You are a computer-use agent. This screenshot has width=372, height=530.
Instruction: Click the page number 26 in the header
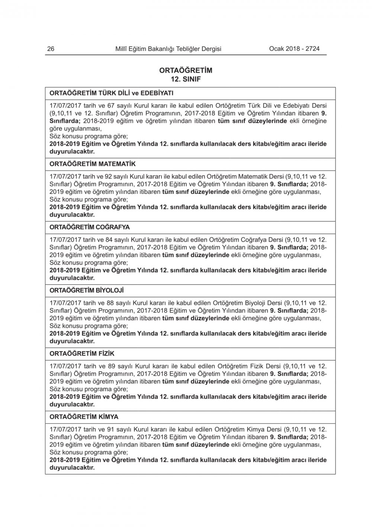click(x=51, y=49)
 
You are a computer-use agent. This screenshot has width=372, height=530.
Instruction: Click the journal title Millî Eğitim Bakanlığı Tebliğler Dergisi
click(x=168, y=49)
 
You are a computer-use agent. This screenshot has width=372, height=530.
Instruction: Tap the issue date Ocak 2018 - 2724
click(x=294, y=49)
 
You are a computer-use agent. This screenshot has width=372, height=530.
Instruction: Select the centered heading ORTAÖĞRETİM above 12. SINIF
click(x=186, y=70)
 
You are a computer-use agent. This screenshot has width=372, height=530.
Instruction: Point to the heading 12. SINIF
click(x=186, y=79)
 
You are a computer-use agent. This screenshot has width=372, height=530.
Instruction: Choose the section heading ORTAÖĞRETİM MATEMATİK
click(x=93, y=164)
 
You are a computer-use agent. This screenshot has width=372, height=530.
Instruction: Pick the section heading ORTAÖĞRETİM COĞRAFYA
click(x=90, y=227)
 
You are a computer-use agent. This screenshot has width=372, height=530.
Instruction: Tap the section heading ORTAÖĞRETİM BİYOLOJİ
click(x=86, y=290)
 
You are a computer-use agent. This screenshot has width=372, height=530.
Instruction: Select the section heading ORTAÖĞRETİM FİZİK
click(x=82, y=353)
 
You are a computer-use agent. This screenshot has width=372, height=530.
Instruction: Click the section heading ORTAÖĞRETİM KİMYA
click(x=84, y=416)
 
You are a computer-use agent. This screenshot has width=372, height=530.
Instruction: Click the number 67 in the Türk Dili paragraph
click(x=111, y=106)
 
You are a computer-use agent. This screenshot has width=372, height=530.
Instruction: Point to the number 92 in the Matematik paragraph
click(x=110, y=176)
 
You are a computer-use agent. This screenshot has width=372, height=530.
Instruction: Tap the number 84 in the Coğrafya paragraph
click(x=110, y=240)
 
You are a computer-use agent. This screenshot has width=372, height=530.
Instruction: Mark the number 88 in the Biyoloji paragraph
click(x=111, y=303)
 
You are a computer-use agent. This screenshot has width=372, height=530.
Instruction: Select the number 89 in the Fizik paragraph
click(x=111, y=366)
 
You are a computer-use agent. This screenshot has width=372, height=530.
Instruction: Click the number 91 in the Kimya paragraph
click(x=110, y=429)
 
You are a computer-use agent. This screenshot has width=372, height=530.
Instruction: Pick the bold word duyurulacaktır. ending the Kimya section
click(x=72, y=467)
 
